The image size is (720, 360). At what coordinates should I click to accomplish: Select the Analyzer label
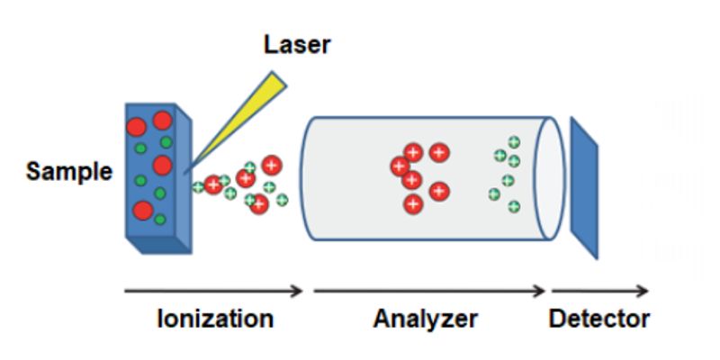pos(426,319)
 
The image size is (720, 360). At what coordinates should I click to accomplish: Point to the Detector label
pos(599,319)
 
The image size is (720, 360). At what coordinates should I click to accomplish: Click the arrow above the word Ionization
pos(213,291)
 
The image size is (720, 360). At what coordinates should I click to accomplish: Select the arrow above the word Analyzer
pos(428,291)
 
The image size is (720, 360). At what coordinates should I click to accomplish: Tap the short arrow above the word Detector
pos(599,291)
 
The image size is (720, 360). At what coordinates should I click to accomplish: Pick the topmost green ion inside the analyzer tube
pos(514,141)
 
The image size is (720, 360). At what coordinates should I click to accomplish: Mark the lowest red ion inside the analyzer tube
pos(412,203)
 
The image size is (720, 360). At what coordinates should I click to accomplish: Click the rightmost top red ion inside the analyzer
pos(439,153)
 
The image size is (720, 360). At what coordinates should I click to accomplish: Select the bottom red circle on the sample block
pos(142,211)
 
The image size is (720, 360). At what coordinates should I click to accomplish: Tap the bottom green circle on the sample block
pos(159,219)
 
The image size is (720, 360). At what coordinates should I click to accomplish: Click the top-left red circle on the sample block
pos(137,125)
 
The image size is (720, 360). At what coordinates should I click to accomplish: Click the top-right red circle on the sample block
pos(162,121)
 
